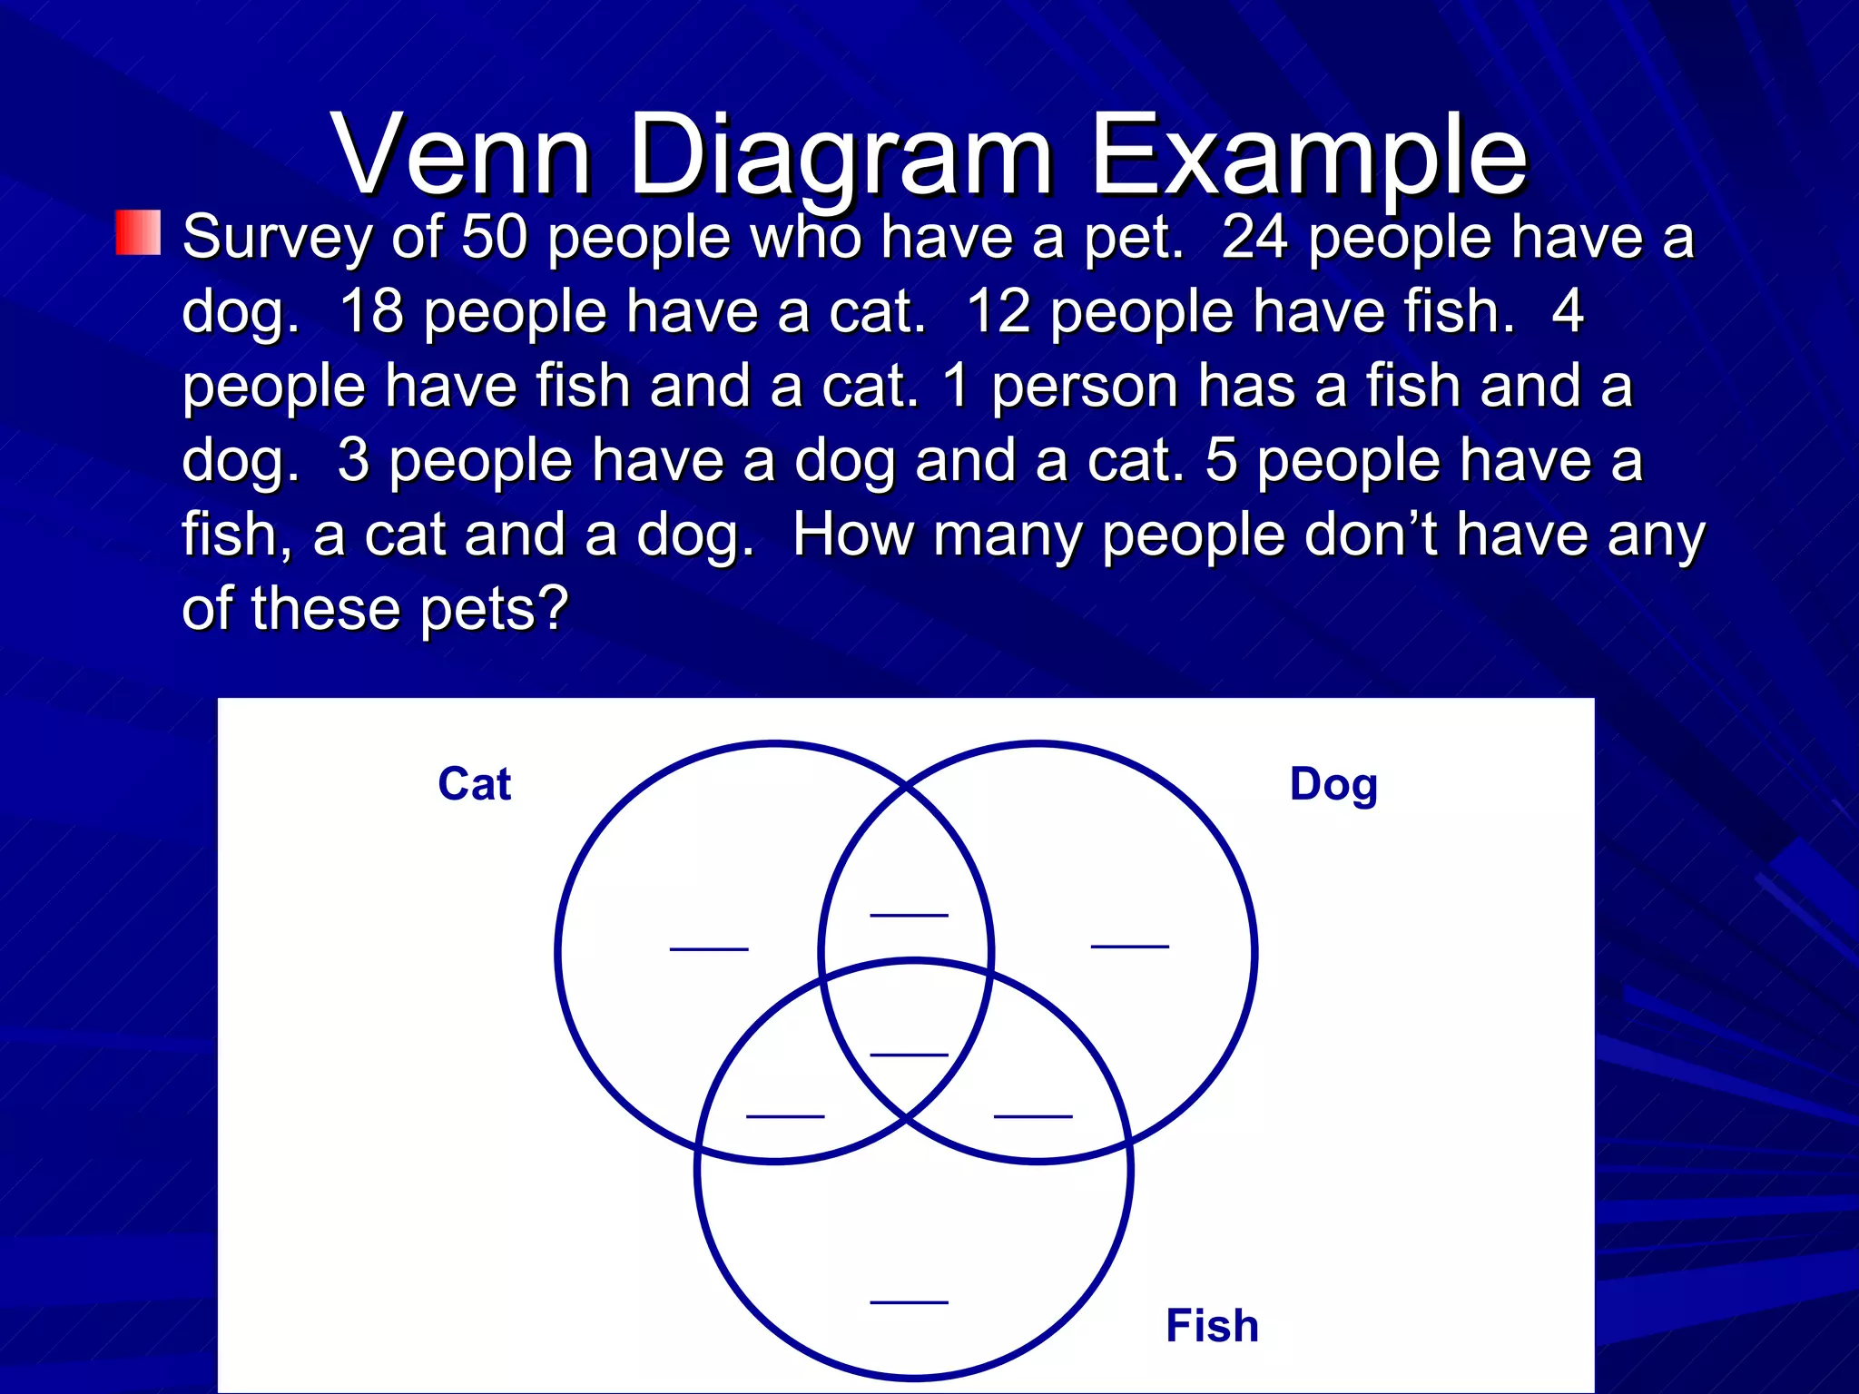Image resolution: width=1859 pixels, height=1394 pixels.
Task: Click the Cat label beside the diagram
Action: point(474,784)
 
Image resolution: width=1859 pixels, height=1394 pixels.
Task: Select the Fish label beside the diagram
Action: point(1212,1326)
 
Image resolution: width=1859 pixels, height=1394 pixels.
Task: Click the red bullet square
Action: point(138,232)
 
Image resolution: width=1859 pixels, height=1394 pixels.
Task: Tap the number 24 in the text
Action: point(1254,237)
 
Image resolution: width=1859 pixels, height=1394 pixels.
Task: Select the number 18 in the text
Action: point(371,311)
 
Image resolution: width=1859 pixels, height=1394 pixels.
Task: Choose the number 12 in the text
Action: point(998,311)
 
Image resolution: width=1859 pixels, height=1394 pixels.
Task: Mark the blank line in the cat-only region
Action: point(709,948)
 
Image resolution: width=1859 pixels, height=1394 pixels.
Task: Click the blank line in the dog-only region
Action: point(1130,946)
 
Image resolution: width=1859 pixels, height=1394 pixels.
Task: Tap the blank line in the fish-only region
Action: point(909,1301)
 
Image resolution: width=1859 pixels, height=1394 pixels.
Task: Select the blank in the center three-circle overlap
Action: point(909,1054)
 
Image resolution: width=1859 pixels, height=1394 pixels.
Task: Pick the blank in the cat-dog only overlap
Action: point(909,915)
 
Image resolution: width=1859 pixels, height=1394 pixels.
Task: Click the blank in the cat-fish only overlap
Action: point(785,1115)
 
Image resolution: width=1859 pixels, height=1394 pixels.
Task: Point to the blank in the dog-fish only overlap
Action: point(1033,1115)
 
